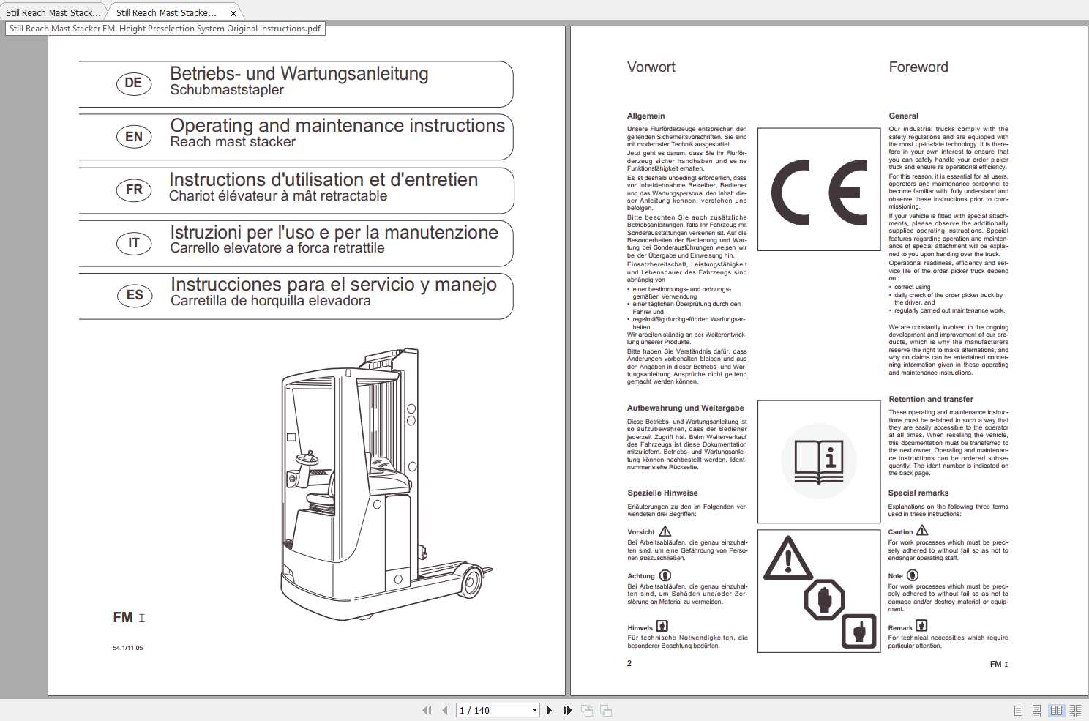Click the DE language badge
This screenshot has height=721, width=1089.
(134, 83)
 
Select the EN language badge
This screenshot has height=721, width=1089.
(134, 137)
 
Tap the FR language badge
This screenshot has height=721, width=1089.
(134, 190)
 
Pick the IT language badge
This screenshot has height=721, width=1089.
(134, 243)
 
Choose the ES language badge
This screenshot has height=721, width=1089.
(135, 295)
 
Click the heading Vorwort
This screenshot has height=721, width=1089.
(651, 67)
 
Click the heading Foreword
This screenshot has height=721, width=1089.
(918, 67)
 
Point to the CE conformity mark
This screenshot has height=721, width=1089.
(818, 193)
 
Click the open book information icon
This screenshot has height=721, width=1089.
(818, 461)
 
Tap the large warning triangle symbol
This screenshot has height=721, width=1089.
(787, 559)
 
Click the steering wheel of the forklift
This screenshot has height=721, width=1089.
(307, 459)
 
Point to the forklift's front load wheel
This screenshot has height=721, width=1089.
(471, 582)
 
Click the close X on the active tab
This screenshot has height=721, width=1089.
(233, 13)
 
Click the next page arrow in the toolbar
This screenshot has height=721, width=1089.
(549, 710)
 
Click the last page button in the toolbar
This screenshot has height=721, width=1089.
(567, 710)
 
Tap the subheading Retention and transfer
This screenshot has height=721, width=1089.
(930, 400)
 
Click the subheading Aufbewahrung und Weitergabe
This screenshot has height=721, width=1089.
(685, 408)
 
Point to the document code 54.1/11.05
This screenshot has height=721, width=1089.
(128, 648)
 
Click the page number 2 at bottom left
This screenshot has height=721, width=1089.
(629, 663)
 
